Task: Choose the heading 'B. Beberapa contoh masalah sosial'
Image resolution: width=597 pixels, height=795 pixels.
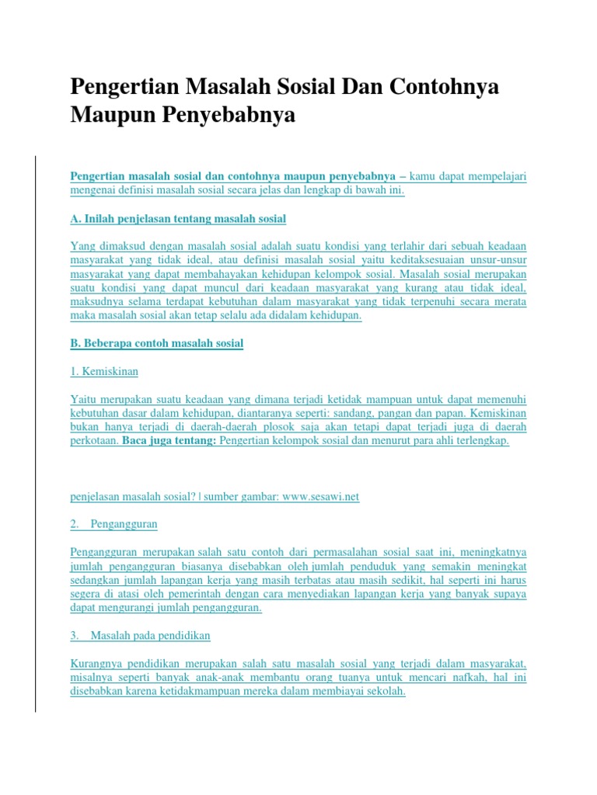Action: coord(157,344)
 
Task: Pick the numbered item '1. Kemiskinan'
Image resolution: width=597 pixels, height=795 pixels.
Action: coord(104,372)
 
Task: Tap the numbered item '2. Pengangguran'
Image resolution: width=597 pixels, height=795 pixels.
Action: coord(113,524)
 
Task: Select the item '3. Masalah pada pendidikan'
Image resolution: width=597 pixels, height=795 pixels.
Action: coord(140,636)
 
